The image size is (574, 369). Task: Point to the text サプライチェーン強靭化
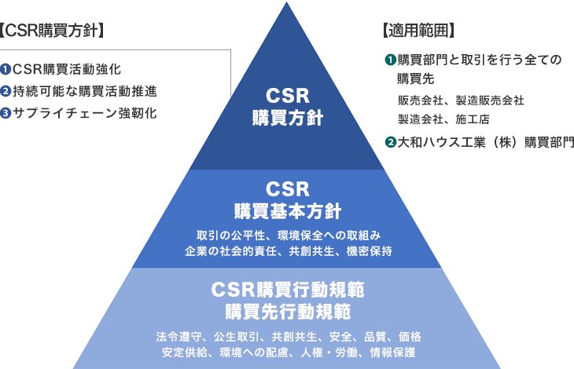click(84, 113)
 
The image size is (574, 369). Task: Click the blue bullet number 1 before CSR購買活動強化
click(6, 69)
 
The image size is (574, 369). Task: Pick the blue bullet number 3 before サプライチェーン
click(6, 113)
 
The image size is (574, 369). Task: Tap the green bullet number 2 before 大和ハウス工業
click(390, 142)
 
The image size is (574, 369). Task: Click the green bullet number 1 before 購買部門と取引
click(390, 60)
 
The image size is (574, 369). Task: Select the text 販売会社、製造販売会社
click(461, 100)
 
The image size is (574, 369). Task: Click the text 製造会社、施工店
click(443, 119)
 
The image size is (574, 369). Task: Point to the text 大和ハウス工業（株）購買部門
click(486, 142)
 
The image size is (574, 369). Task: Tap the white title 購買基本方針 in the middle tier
click(287, 211)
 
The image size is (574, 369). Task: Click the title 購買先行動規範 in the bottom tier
click(287, 311)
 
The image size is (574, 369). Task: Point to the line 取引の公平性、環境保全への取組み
click(287, 236)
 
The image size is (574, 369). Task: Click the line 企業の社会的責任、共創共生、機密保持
click(287, 251)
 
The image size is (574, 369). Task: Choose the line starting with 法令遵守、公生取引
click(287, 336)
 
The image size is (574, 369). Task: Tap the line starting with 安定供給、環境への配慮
click(287, 352)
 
